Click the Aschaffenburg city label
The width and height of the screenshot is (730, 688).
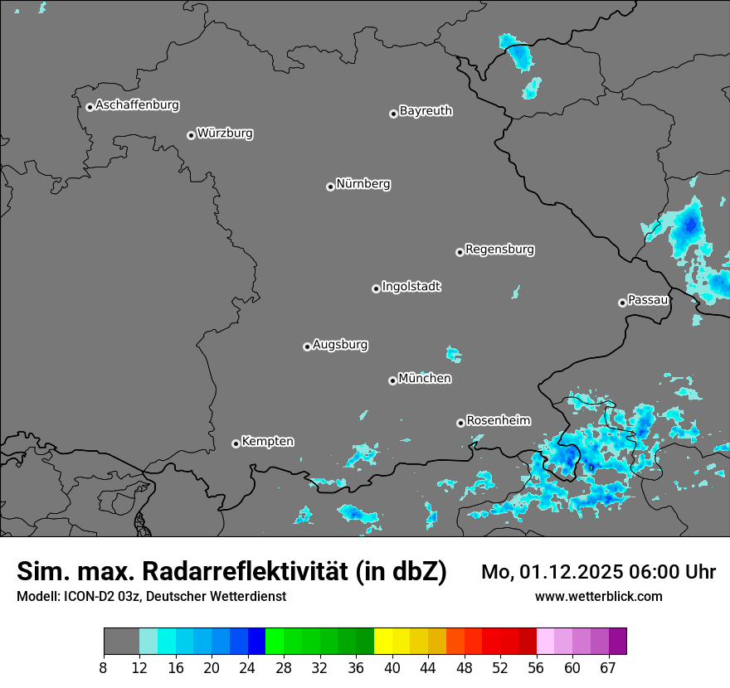137,105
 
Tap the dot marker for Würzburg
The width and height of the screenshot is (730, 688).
191,135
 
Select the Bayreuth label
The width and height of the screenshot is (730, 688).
426,110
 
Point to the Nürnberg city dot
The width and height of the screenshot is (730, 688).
330,187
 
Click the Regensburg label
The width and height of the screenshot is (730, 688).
499,249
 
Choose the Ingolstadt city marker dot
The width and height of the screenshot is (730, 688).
376,288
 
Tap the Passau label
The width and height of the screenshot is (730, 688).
648,299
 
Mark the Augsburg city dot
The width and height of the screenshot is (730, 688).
307,346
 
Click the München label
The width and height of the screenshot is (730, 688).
425,378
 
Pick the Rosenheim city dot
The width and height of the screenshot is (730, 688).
460,423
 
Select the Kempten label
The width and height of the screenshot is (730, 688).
267,441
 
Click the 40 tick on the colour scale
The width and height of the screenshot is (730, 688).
392,668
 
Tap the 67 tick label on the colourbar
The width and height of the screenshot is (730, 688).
608,668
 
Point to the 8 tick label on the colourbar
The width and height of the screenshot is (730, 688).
104,668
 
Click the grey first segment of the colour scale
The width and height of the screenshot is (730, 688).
121,642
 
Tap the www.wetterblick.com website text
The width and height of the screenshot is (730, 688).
598,596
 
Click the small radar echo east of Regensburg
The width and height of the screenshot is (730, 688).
516,292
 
